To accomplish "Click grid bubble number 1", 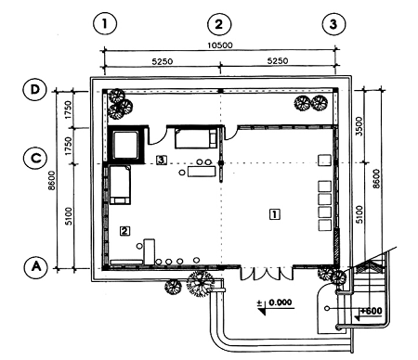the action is [105, 24].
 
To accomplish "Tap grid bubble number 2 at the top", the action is [219, 24].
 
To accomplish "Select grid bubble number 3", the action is [333, 24].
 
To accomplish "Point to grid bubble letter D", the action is [35, 90].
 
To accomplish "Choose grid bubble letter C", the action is [35, 158].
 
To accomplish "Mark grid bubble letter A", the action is [36, 266].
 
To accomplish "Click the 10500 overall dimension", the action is [220, 45].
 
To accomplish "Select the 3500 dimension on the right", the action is [359, 126].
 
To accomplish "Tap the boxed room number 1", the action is [275, 214].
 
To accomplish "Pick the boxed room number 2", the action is [124, 231].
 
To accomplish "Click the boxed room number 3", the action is [162, 160].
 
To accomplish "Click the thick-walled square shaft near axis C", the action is [125, 145].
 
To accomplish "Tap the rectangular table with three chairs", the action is [202, 171].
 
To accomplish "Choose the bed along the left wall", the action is [120, 185].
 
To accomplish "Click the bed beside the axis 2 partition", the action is [196, 138].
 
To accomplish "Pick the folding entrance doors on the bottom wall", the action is [267, 273].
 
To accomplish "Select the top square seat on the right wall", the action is [324, 161].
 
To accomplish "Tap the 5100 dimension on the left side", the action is [69, 216].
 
